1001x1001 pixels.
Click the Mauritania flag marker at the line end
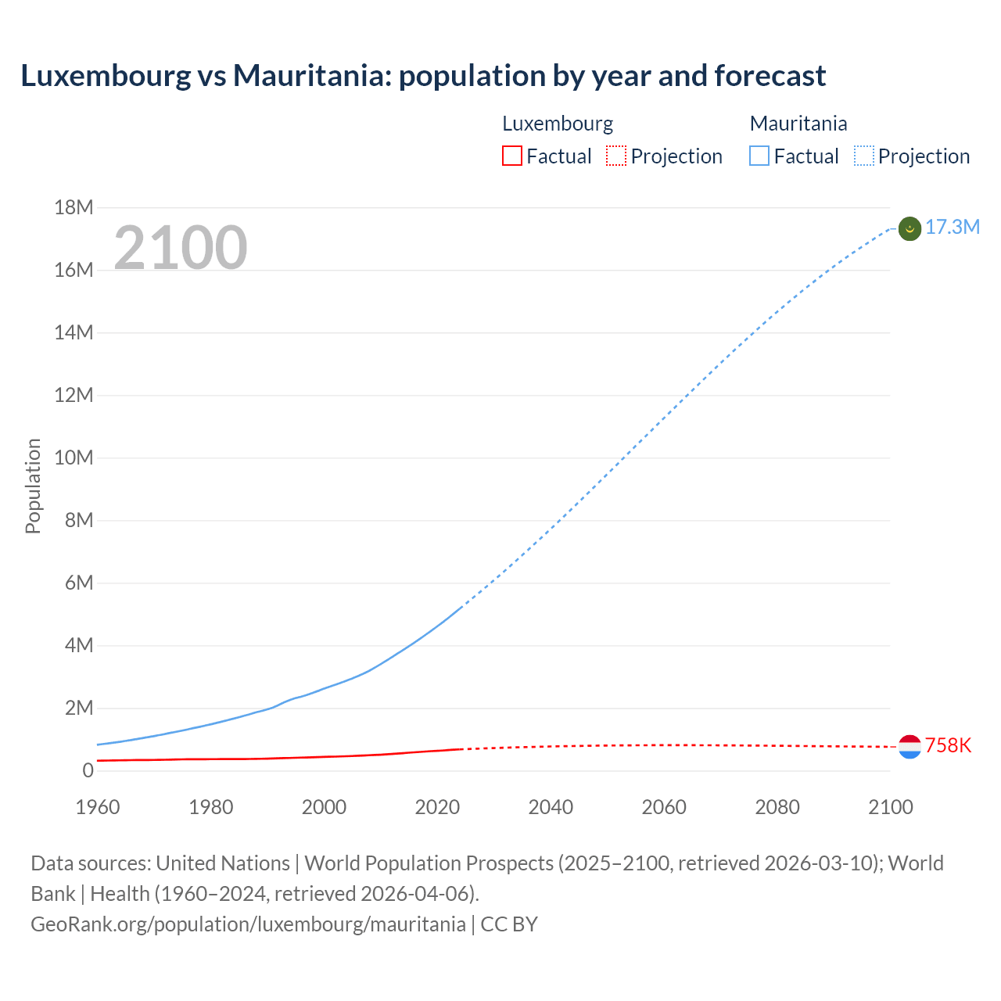coord(910,228)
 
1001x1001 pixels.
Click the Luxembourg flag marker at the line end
coord(910,747)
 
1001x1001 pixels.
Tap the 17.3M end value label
coord(952,228)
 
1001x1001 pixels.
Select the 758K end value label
coord(948,746)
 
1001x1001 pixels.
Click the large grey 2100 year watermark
coord(181,248)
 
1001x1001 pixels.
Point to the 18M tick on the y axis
coord(74,208)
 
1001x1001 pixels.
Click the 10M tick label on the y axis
coord(74,458)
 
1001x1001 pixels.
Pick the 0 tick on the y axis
coord(88,771)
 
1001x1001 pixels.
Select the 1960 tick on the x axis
coord(98,807)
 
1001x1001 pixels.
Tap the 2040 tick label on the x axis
coord(551,807)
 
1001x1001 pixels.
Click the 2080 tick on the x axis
coord(777,807)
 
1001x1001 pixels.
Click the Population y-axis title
coord(33,486)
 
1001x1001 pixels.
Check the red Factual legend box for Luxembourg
coord(512,156)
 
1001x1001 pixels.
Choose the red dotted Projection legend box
coord(616,156)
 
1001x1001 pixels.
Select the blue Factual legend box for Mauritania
coord(759,156)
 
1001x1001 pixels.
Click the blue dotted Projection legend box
coord(863,156)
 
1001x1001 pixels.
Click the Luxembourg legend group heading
coord(558,124)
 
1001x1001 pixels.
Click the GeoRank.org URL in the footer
coord(248,924)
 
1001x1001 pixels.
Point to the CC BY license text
coord(509,924)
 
